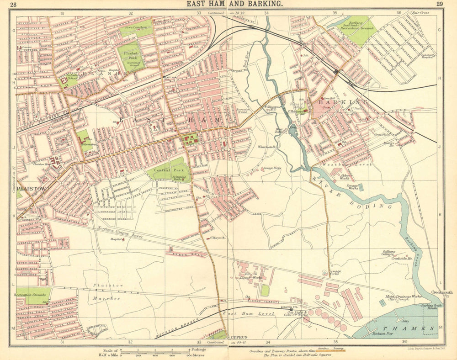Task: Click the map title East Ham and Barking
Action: point(234,4)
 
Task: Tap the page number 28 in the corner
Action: point(14,5)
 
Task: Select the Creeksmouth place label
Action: point(442,293)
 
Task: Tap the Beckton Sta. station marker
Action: point(292,309)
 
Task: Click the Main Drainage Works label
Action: point(404,297)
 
